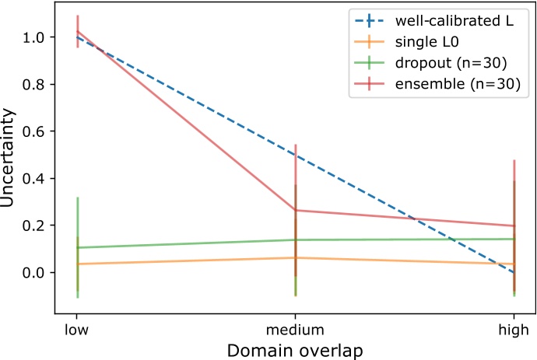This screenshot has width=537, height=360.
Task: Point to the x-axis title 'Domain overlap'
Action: tap(295, 349)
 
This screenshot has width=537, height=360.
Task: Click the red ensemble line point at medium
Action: tap(295, 210)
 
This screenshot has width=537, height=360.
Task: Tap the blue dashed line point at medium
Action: tap(295, 155)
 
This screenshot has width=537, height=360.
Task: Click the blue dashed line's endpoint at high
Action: tap(513, 272)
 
